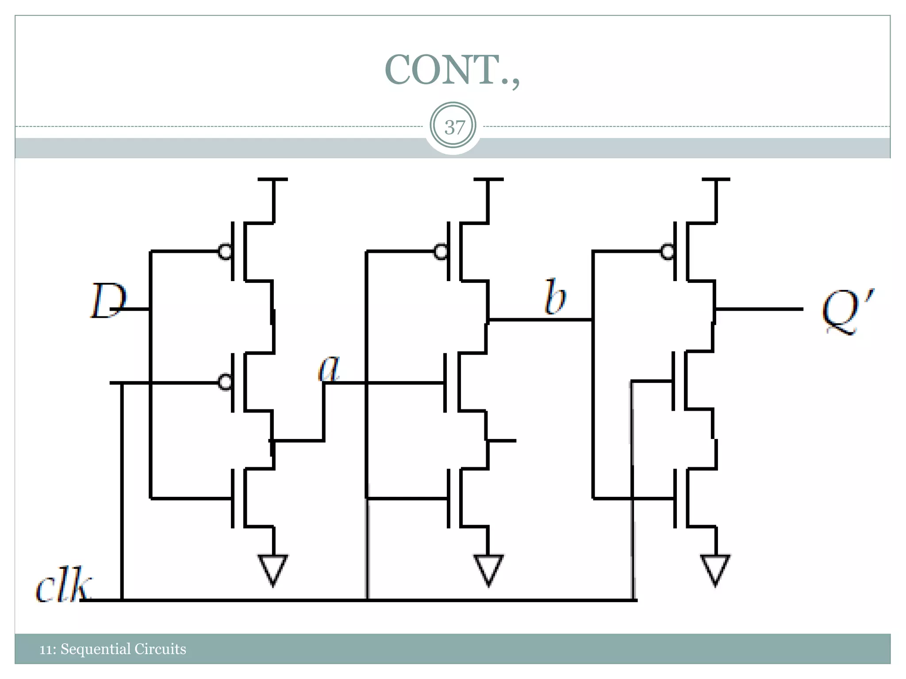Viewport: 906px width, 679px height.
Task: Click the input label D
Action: (x=107, y=301)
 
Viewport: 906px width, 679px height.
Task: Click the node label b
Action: (x=555, y=297)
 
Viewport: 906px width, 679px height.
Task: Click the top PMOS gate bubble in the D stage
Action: (x=225, y=252)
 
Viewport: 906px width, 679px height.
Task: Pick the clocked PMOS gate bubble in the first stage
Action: (x=225, y=382)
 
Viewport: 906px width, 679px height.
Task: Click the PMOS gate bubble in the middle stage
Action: (x=441, y=252)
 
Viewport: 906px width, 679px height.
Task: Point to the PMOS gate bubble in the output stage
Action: (x=667, y=252)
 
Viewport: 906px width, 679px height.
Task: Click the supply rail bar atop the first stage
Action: (x=273, y=179)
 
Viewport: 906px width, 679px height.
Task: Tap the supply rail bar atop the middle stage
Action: (x=488, y=179)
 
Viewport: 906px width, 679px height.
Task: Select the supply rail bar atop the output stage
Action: (x=716, y=179)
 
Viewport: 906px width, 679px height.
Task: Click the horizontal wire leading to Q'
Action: (x=759, y=309)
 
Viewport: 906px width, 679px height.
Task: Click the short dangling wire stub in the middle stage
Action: (x=503, y=440)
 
